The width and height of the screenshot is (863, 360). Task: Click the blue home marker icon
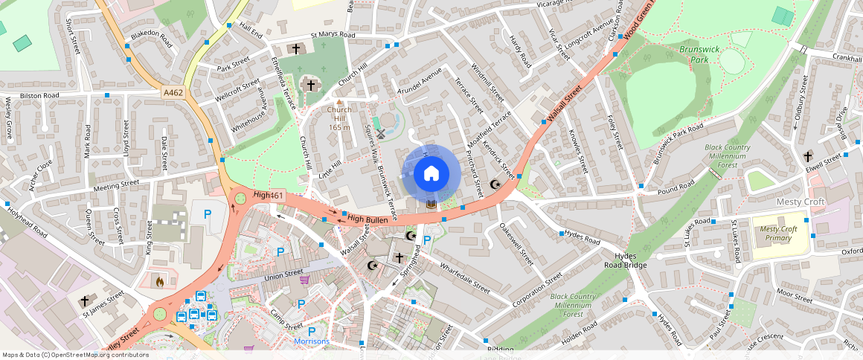(431, 174)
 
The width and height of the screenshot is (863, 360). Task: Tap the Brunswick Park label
(687, 54)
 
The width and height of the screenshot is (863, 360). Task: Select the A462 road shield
(173, 92)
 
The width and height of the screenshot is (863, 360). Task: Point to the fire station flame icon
(158, 281)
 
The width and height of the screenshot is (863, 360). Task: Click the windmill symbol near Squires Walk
(381, 135)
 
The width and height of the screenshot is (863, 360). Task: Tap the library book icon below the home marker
(430, 205)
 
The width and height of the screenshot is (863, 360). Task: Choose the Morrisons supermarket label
(311, 341)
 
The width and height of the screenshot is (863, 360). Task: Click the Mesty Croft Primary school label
(778, 234)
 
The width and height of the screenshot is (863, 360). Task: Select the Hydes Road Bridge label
(625, 260)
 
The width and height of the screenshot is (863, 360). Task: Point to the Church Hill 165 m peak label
(340, 118)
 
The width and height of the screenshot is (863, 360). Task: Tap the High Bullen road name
(367, 219)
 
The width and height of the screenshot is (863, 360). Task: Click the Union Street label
(284, 277)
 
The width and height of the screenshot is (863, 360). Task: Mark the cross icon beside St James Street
(85, 301)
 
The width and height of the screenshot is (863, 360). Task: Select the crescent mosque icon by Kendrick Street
(495, 184)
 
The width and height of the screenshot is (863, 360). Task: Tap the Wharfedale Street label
(464, 277)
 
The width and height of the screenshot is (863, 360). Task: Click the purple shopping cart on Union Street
(304, 280)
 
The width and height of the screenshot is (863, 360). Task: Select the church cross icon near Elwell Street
(808, 157)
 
